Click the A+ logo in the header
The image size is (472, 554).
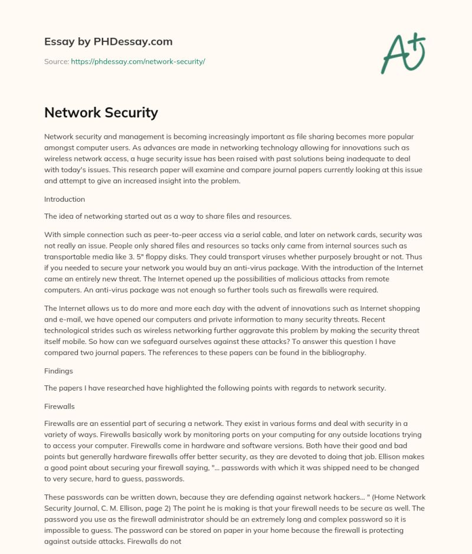pos(404,53)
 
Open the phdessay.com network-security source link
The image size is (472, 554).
pos(137,61)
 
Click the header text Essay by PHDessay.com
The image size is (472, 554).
pos(108,42)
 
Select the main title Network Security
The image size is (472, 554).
pos(101,113)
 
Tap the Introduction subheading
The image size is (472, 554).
pos(64,199)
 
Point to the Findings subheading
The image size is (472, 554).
pos(59,371)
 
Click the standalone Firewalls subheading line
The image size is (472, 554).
pos(60,407)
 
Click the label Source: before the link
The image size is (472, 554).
pos(56,61)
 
